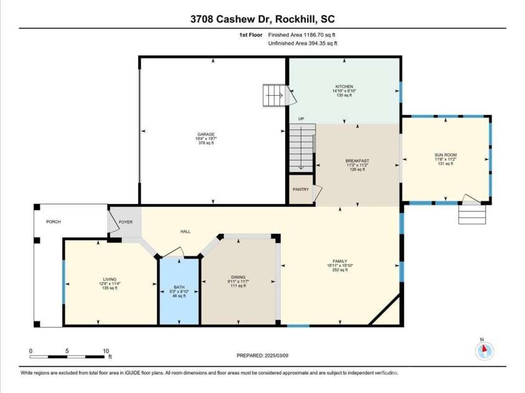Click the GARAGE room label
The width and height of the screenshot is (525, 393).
pyautogui.click(x=206, y=134)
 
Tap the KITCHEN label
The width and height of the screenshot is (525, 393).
pyautogui.click(x=344, y=87)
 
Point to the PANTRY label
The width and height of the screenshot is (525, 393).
pyautogui.click(x=301, y=190)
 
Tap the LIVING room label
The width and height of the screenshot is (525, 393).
pyautogui.click(x=110, y=280)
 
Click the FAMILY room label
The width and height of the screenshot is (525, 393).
pyautogui.click(x=339, y=261)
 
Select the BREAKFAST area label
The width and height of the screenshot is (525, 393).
pyautogui.click(x=357, y=161)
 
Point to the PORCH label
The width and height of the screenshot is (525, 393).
pyautogui.click(x=53, y=221)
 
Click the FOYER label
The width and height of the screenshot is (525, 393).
pyautogui.click(x=126, y=221)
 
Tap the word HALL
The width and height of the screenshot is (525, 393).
pyautogui.click(x=185, y=231)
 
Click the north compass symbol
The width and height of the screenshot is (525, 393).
pyautogui.click(x=484, y=350)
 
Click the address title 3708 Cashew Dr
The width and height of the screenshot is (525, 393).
pyautogui.click(x=235, y=19)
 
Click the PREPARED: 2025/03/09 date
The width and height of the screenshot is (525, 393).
pyautogui.click(x=263, y=356)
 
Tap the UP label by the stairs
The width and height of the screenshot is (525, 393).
pyautogui.click(x=301, y=119)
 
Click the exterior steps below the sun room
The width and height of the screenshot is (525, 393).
pyautogui.click(x=471, y=216)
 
